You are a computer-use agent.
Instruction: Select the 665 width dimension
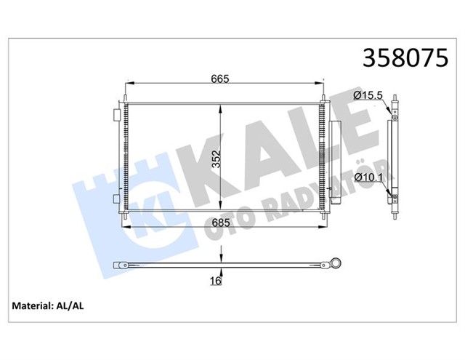[x=222, y=80]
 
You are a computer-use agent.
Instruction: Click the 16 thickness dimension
[x=216, y=280]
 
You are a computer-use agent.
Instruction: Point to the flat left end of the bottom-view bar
[x=116, y=265]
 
